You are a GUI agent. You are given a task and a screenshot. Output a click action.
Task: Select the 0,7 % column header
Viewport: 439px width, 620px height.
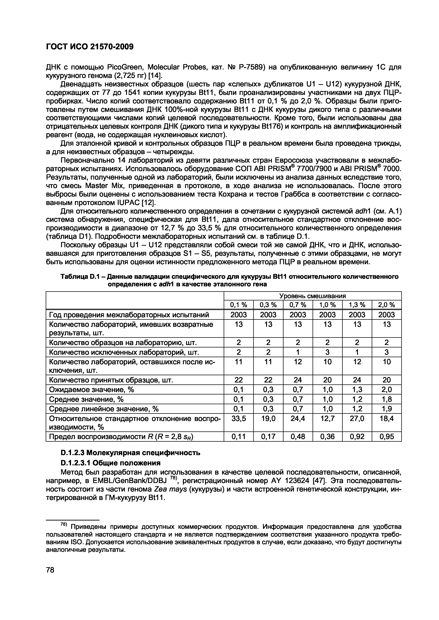click(298, 305)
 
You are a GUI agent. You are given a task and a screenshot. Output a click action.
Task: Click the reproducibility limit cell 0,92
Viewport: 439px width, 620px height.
click(357, 437)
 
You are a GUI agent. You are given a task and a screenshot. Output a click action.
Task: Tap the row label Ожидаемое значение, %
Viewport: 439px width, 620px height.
click(91, 390)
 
